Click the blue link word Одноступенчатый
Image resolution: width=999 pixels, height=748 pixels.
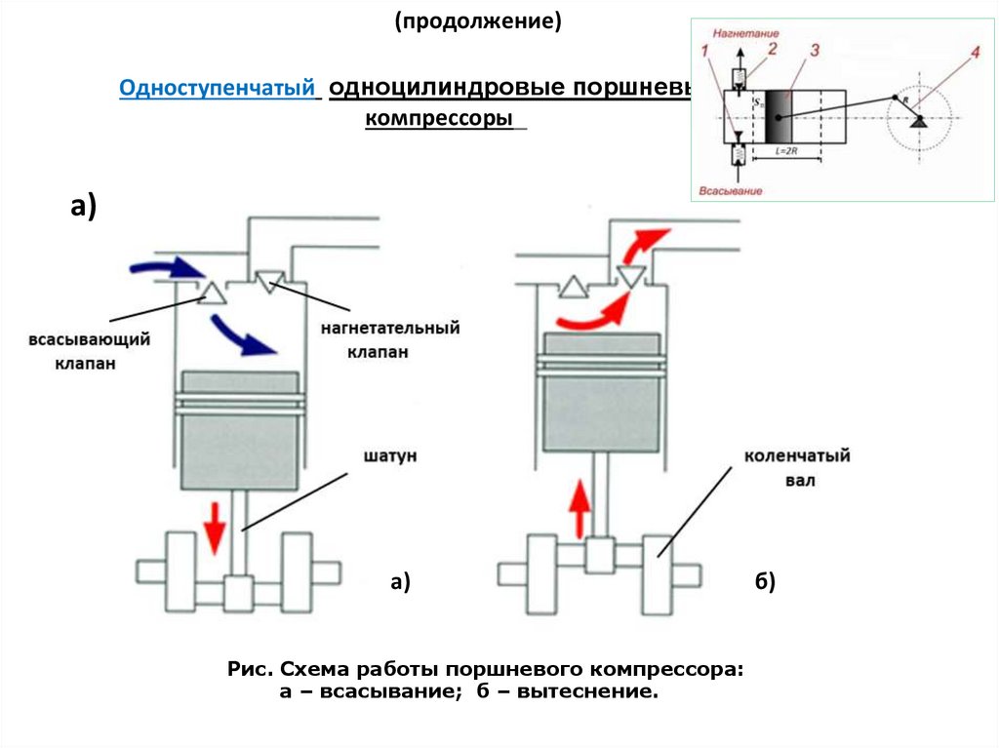point(220,88)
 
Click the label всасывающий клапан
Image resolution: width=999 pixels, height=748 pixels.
point(88,352)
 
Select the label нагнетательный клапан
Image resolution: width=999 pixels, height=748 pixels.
point(389,338)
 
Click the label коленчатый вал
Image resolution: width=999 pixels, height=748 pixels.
point(797,468)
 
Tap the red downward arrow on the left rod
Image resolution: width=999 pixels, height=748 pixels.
point(214,531)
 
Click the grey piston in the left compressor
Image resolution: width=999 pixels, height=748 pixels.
point(239,430)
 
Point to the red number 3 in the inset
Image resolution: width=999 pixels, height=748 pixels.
point(814,49)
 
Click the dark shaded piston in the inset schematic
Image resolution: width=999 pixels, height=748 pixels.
point(778,116)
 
